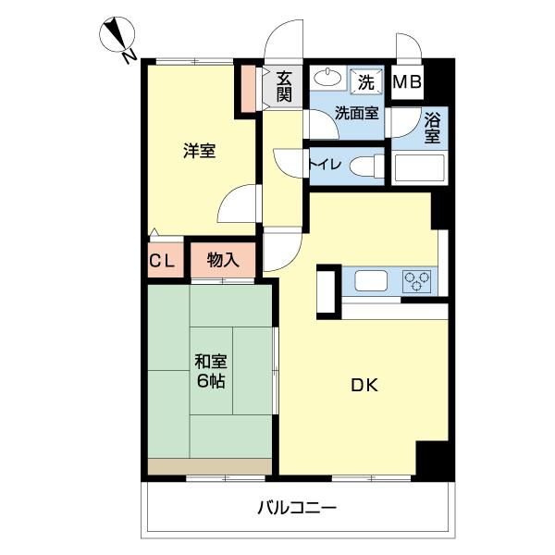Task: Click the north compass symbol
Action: tap(117, 40)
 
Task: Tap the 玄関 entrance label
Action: tap(284, 86)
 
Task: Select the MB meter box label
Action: tap(407, 82)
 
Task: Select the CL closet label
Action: tap(162, 262)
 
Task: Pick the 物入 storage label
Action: tap(223, 261)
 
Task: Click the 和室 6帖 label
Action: tap(213, 370)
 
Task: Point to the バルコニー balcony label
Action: tap(297, 508)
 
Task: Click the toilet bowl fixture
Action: tap(367, 166)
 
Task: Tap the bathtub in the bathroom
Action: tap(419, 168)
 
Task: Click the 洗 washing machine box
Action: tap(367, 81)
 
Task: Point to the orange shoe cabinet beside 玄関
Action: tap(249, 84)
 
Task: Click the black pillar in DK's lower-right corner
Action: tap(432, 459)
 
